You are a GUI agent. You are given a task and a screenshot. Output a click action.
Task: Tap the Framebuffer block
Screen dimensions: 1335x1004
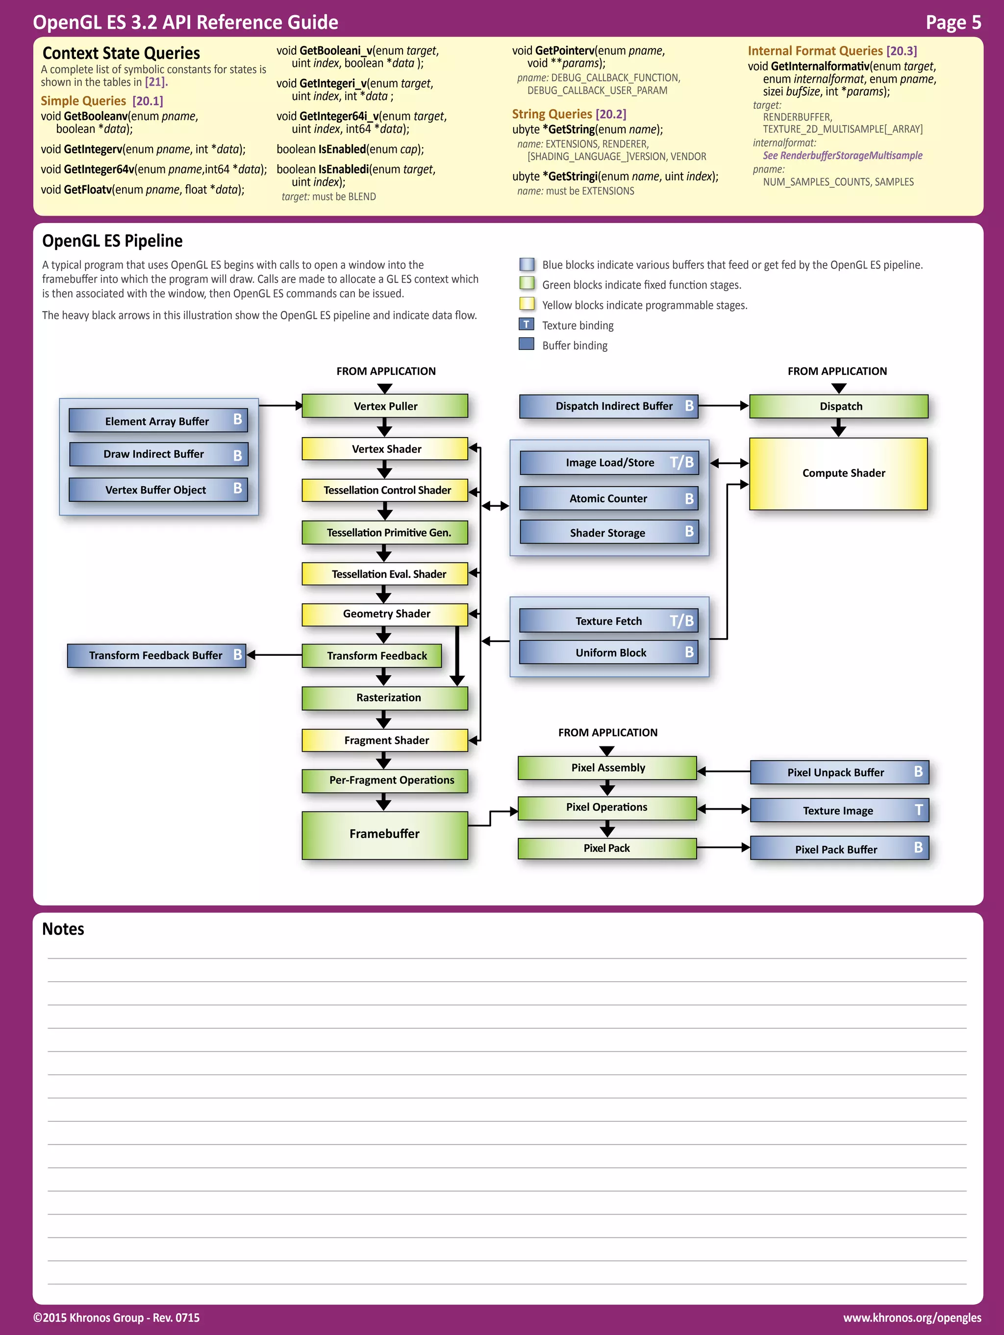384,835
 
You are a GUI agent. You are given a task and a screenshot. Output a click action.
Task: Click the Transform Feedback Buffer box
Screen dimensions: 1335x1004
156,655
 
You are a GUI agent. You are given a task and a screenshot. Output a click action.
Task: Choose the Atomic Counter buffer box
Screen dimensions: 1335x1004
608,498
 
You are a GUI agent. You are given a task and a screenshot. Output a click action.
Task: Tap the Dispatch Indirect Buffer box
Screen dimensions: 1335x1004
608,406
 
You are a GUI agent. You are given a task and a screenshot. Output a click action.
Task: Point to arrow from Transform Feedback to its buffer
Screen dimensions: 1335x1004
275,655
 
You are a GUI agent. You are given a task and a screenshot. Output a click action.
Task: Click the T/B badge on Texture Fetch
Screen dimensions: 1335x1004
681,620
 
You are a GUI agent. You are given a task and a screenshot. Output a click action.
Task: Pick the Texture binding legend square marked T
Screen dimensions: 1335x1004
526,324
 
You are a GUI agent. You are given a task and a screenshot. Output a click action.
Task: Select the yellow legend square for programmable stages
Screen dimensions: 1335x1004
527,303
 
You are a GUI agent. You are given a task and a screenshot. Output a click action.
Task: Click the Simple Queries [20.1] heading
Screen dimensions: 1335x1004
102,101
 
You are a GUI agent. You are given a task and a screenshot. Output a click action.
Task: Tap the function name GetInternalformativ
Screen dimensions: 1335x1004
819,66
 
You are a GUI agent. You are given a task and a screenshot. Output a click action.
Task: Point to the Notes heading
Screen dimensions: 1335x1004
63,929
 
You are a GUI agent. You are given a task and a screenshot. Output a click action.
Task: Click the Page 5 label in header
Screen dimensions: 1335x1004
953,23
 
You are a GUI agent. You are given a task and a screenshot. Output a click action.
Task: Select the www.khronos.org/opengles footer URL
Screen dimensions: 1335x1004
912,1317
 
